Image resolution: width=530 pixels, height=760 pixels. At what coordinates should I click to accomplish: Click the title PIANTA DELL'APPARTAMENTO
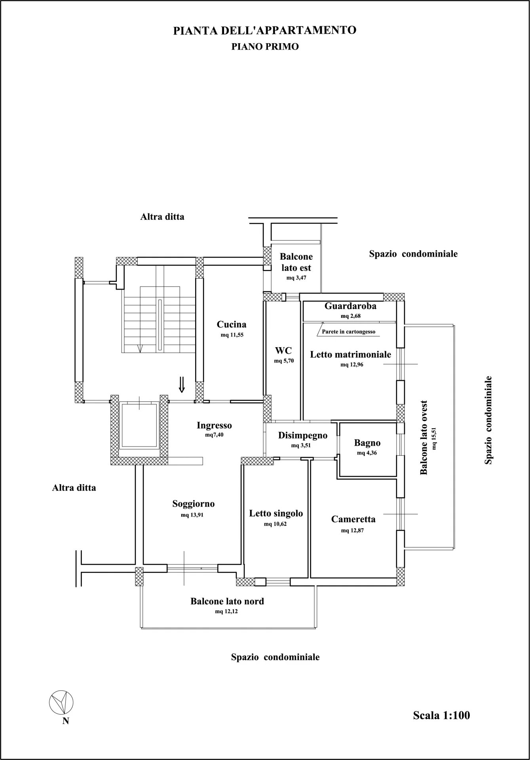tap(265, 31)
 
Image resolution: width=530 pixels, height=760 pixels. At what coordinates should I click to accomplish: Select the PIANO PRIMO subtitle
tap(265, 47)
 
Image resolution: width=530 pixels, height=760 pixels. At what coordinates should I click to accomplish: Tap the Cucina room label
tap(232, 325)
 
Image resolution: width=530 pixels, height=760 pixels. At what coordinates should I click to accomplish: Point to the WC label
tap(283, 351)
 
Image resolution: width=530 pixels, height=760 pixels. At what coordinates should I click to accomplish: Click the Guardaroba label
tap(350, 306)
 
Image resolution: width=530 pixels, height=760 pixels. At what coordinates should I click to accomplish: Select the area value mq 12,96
tap(352, 365)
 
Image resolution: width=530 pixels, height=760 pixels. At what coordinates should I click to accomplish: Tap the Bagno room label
tap(367, 443)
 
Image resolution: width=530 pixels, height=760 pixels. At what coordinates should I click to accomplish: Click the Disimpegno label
tap(303, 435)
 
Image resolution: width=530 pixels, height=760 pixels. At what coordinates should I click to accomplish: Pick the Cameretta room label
tap(353, 519)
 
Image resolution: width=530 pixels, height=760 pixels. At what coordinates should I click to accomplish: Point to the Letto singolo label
tap(276, 513)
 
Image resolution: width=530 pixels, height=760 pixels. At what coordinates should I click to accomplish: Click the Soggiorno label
tap(194, 504)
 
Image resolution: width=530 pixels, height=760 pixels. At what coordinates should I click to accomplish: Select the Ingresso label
tap(214, 426)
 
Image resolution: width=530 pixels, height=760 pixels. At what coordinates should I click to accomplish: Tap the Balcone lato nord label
tap(227, 601)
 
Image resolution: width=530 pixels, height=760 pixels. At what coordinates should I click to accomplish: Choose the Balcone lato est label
tap(296, 262)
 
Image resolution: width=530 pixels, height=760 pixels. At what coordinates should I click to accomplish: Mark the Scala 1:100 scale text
tap(441, 715)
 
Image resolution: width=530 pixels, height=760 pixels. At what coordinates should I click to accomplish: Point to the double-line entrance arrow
tap(182, 384)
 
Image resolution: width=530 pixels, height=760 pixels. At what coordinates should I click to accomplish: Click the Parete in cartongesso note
tap(348, 332)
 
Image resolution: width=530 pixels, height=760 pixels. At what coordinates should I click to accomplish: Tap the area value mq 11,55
tap(231, 335)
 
